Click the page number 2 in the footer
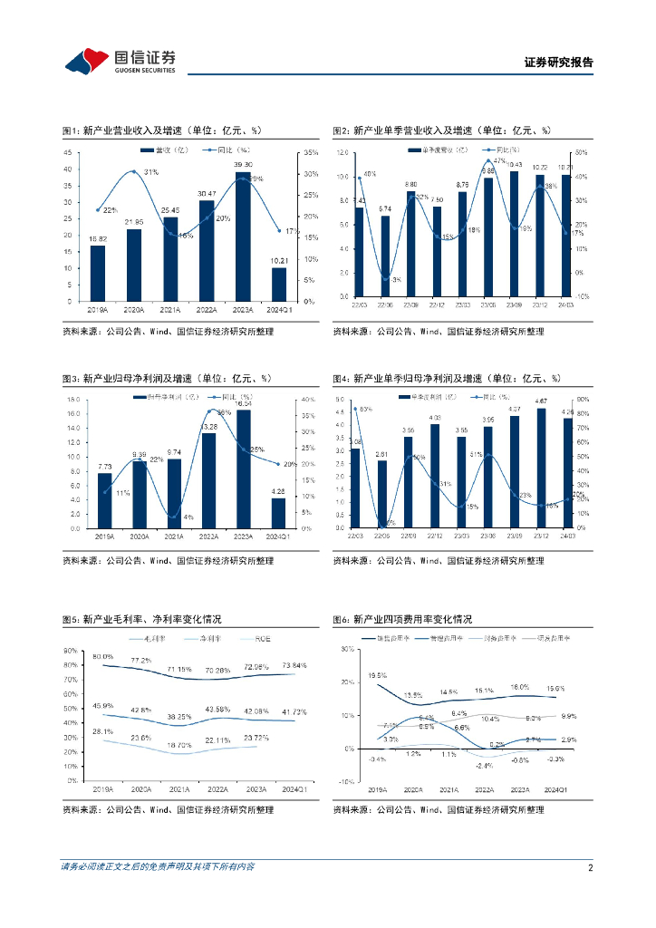click(x=590, y=866)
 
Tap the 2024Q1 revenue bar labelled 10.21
click(x=279, y=285)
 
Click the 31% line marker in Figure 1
click(x=134, y=171)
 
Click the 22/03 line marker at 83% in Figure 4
click(x=355, y=410)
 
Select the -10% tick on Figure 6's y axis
click(x=346, y=780)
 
